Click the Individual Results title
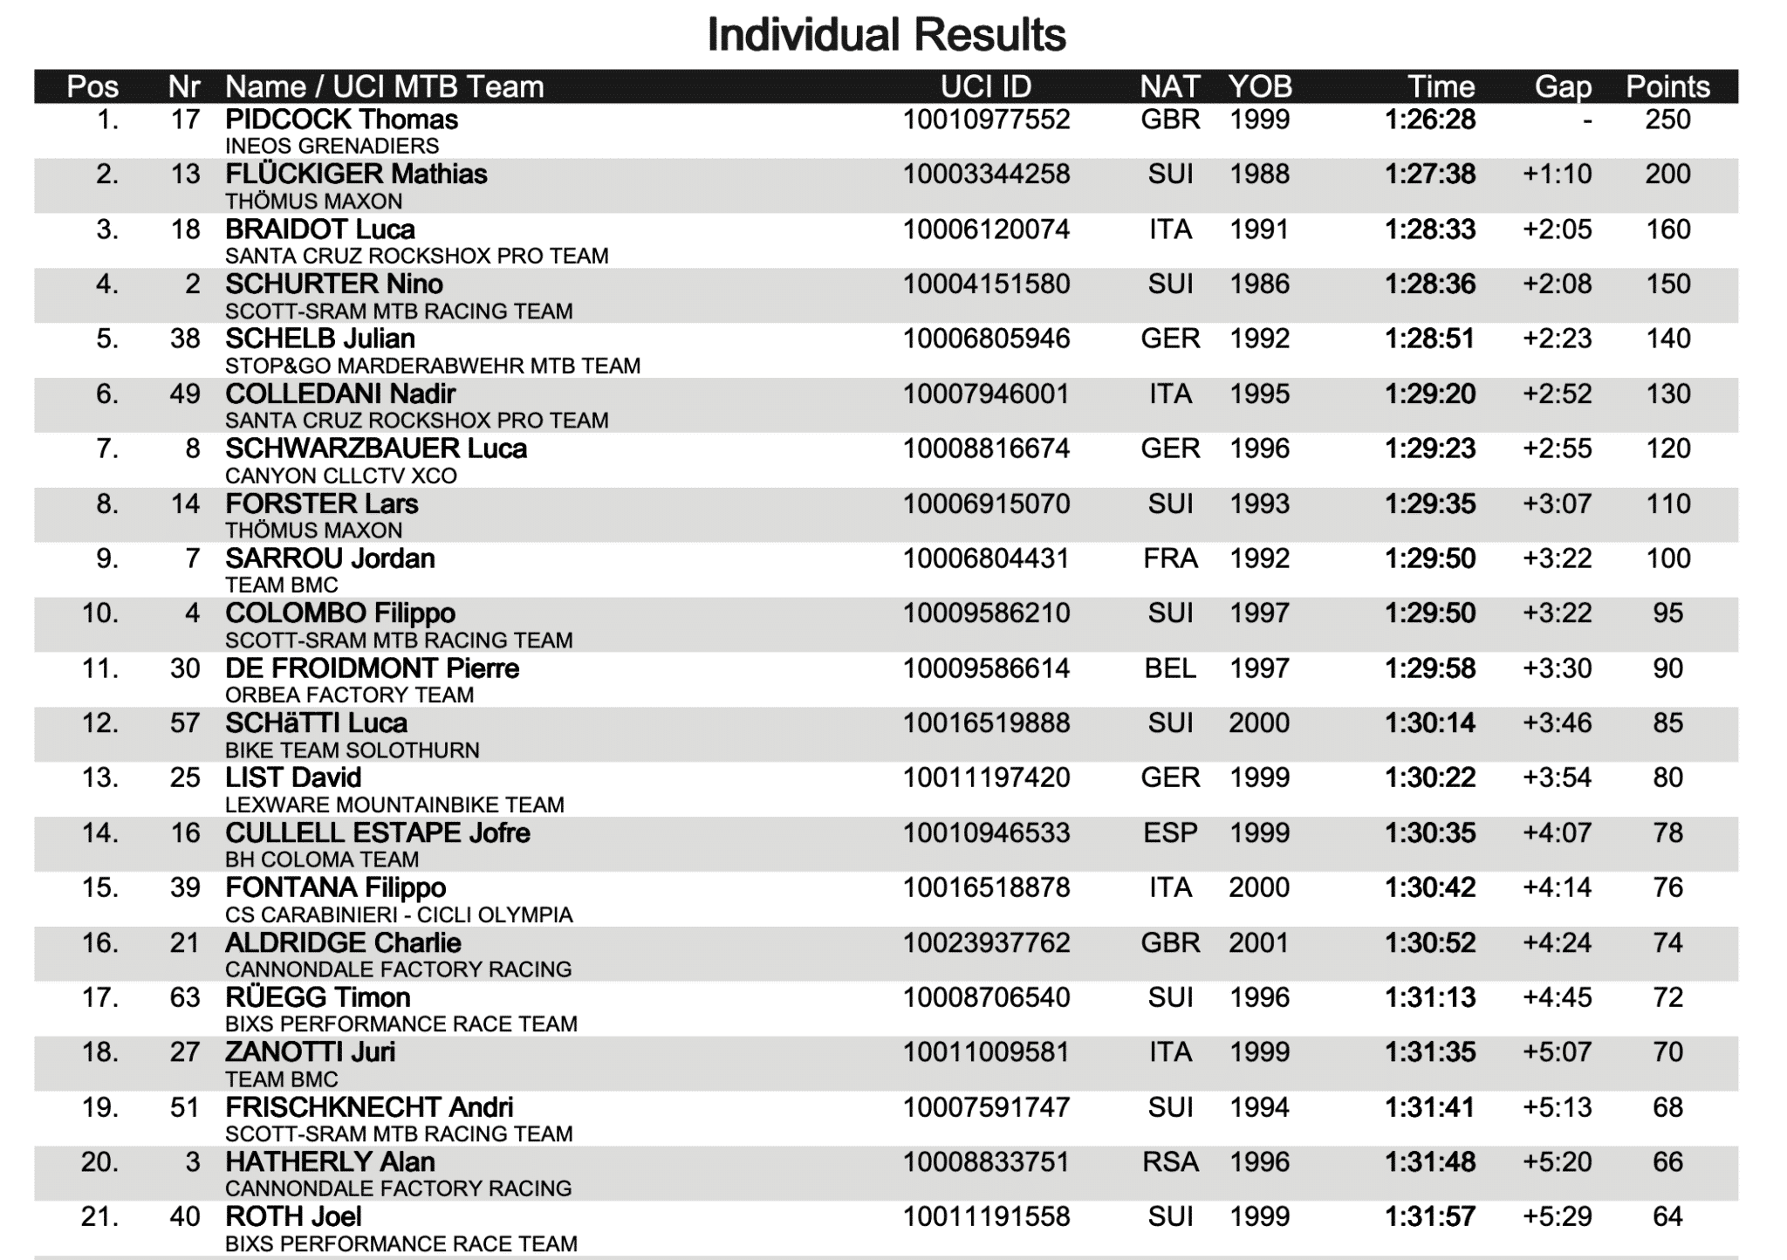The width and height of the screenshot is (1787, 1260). click(886, 35)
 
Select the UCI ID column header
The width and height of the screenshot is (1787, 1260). click(985, 86)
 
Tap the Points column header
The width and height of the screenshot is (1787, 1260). click(1667, 86)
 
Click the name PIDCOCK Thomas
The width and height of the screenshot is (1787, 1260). click(341, 120)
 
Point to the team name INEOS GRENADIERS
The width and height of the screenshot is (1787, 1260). click(332, 146)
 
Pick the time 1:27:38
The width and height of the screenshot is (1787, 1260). click(1429, 175)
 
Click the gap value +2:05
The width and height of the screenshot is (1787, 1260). click(1557, 229)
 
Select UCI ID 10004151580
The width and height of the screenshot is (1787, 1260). click(985, 284)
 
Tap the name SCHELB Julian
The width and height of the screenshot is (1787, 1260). click(319, 339)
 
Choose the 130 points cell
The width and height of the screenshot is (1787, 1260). click(1667, 394)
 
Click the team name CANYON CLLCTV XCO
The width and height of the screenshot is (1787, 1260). click(340, 476)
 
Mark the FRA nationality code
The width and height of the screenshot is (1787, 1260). click(1170, 558)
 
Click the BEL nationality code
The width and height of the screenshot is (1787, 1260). click(1170, 668)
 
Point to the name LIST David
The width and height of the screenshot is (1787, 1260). click(292, 777)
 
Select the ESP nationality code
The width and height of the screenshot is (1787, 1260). click(1170, 833)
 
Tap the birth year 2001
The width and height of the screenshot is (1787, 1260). click(1258, 943)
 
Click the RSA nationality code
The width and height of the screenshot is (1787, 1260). click(1170, 1162)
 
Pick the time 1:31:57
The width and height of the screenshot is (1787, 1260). click(1429, 1217)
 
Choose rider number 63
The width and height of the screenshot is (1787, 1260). click(185, 997)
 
